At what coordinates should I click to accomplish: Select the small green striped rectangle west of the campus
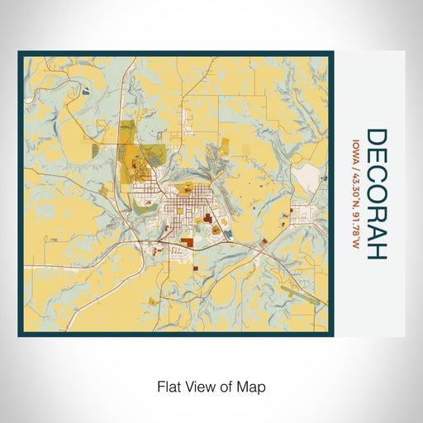click(x=95, y=150)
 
